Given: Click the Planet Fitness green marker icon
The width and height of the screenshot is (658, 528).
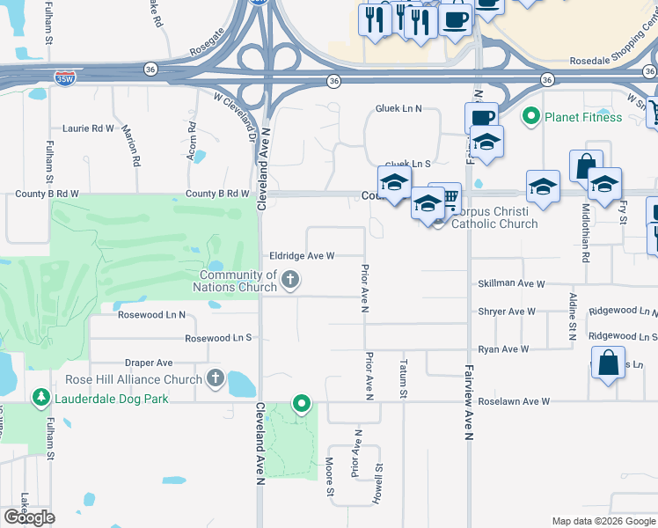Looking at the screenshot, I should (530, 116).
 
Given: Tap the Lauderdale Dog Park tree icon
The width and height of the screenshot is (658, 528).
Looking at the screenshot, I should (40, 399).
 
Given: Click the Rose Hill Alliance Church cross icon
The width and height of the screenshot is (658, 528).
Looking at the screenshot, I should (216, 379).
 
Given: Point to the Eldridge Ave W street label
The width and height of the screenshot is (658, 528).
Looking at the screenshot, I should (302, 255).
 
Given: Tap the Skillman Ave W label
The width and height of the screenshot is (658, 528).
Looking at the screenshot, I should (511, 284).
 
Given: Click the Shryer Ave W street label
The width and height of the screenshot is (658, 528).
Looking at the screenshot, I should (507, 312).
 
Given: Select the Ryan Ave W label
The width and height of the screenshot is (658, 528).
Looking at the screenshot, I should (503, 349).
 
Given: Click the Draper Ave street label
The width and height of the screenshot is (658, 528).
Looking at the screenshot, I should (149, 363).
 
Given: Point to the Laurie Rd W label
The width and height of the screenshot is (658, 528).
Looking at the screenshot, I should (89, 128).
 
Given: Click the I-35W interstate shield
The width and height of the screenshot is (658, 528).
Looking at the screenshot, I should (64, 77).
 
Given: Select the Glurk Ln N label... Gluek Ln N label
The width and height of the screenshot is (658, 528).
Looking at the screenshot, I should (398, 108).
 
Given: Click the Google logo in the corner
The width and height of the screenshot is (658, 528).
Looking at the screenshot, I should (29, 517).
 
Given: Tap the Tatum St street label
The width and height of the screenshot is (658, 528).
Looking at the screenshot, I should (404, 378).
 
